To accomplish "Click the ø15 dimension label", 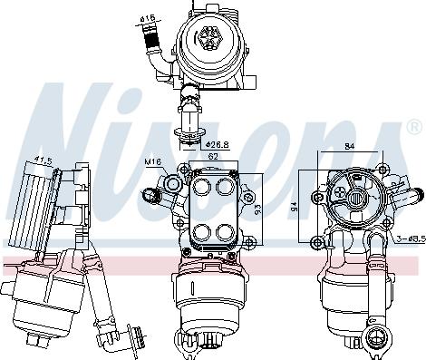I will pyautogui.click(x=148, y=16).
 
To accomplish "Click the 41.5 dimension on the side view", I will pyautogui.click(x=42, y=161).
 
